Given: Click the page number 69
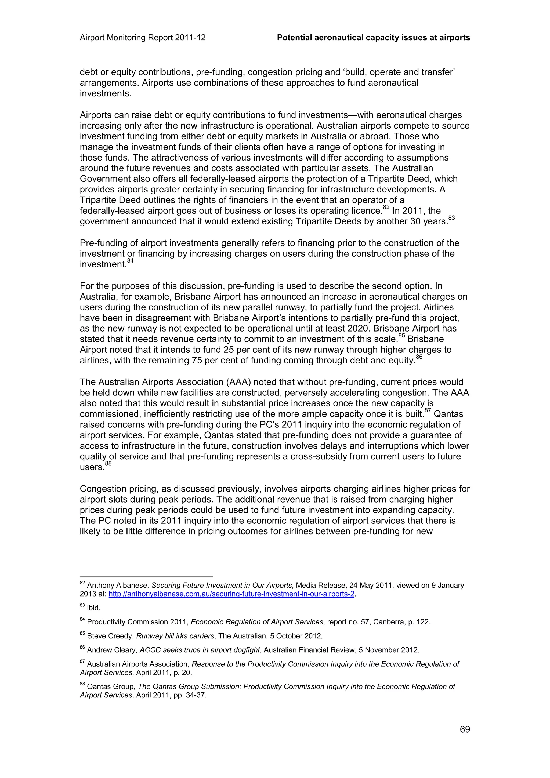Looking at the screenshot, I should coord(465,729).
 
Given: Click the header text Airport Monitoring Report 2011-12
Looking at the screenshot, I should coord(143,38).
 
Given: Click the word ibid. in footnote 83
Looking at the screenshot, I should coord(94,608).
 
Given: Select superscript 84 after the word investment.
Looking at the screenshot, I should coord(130,261).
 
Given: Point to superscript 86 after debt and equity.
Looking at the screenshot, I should coord(419,357).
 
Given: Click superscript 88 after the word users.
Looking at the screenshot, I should coord(108,464).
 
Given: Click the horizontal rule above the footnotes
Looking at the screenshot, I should coord(146,576).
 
